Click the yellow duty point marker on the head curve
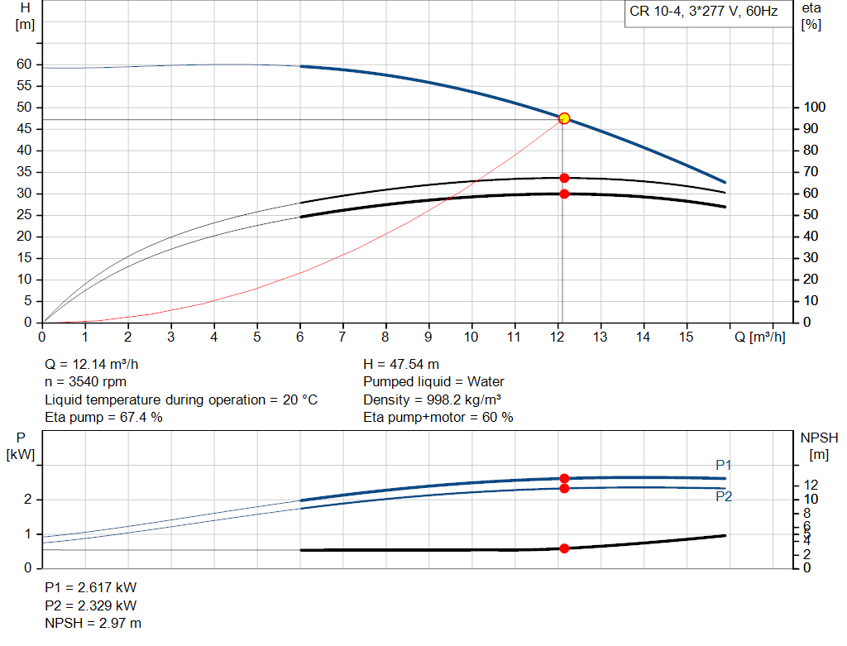564,118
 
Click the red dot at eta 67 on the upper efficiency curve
564,178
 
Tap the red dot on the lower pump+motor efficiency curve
564,194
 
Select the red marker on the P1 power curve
564,478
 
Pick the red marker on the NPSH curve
564,548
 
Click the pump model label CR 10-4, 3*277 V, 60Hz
703,12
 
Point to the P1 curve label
724,466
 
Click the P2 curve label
724,496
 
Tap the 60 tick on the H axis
24,65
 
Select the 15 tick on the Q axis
687,337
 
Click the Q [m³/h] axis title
759,337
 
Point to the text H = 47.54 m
401,364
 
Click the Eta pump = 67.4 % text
103,418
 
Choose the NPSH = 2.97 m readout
93,623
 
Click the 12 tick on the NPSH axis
811,485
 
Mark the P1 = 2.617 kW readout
90,587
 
